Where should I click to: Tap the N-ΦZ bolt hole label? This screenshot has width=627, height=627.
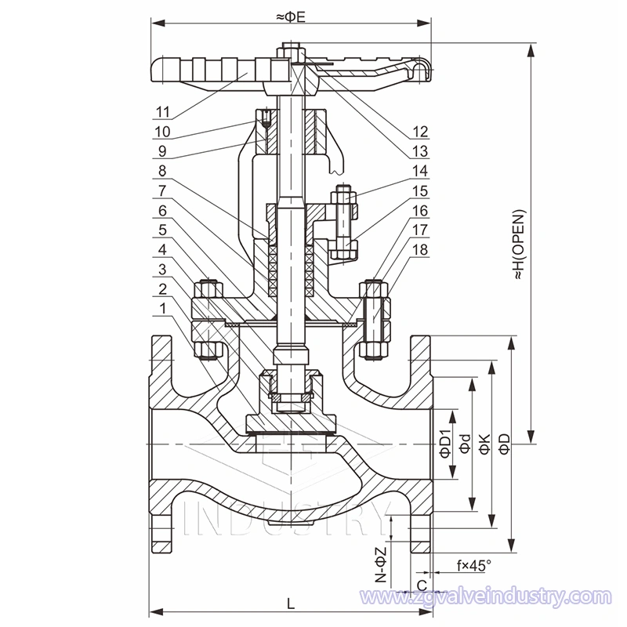pos(380,567)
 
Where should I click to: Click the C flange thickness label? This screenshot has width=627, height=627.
pos(422,585)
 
